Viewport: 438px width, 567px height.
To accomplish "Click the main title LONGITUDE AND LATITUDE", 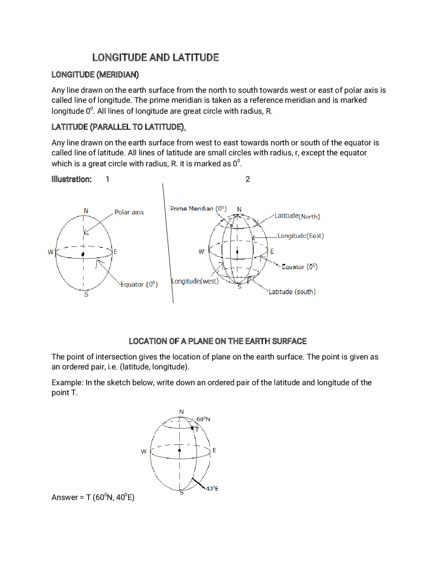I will (155, 58).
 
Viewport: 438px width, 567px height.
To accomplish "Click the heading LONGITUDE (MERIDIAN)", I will (95, 75).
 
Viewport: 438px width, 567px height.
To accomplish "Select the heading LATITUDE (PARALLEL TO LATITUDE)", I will (118, 127).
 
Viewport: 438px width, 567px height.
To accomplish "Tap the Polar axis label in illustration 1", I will (129, 212).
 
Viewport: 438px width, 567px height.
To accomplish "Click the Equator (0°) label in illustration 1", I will (139, 285).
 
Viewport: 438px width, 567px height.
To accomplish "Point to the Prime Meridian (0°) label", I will (198, 209).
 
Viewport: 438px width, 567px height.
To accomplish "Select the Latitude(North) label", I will (297, 216).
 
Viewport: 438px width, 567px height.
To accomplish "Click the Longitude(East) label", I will (300, 236).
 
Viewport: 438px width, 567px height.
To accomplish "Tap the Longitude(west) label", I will (195, 281).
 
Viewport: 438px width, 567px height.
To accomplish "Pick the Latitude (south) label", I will (292, 292).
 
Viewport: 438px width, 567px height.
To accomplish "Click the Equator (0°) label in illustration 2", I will (299, 267).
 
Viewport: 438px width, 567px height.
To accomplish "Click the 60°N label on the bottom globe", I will (203, 419).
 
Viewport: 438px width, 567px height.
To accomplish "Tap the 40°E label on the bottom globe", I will (212, 489).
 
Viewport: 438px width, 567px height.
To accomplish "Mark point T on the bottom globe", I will (192, 428).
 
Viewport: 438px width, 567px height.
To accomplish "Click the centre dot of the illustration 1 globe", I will (83, 254).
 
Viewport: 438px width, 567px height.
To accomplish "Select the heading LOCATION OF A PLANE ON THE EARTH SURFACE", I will (217, 341).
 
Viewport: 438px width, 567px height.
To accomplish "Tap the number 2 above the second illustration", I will (248, 179).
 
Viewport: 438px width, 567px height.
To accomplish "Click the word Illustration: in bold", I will (72, 179).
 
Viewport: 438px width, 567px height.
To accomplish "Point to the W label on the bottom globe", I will (144, 452).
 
